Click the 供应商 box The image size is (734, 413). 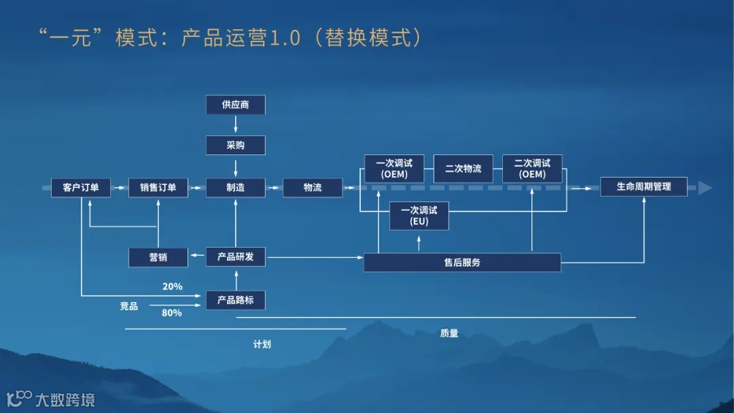click(x=235, y=105)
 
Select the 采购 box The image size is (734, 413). click(x=235, y=146)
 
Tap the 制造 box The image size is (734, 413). click(x=235, y=187)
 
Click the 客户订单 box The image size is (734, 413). click(x=81, y=187)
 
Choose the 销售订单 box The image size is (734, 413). click(x=158, y=187)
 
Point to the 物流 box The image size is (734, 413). click(x=313, y=187)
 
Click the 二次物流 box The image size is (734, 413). click(x=463, y=169)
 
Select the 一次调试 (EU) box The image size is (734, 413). click(x=419, y=216)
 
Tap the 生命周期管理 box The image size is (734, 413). click(x=644, y=186)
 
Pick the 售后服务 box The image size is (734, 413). click(x=462, y=262)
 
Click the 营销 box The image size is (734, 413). click(x=158, y=257)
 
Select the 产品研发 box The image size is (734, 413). click(x=235, y=257)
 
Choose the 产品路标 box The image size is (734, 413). click(x=235, y=300)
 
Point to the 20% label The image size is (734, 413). click(x=172, y=286)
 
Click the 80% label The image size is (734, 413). click(x=172, y=313)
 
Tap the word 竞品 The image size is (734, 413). click(x=129, y=306)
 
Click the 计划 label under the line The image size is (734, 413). click(x=262, y=344)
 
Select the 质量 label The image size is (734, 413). click(x=449, y=333)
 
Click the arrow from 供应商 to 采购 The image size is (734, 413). click(x=235, y=125)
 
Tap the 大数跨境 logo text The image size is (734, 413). click(x=65, y=399)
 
